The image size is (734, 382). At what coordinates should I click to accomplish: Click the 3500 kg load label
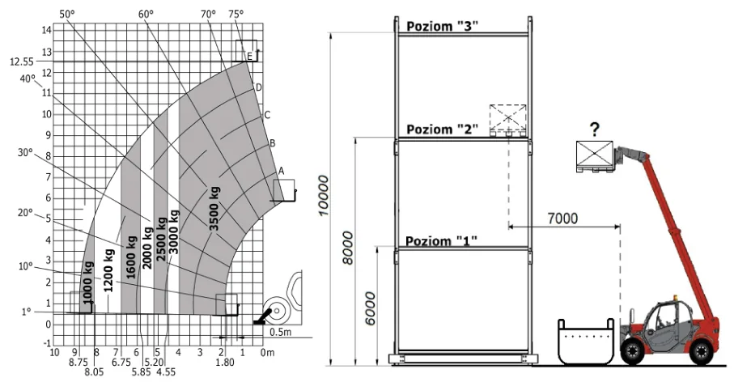(x=214, y=208)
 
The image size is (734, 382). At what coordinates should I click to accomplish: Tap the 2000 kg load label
(x=147, y=248)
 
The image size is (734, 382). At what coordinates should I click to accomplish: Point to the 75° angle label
(x=236, y=14)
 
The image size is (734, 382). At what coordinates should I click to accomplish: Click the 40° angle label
(x=28, y=79)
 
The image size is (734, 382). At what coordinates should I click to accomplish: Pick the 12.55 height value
(x=22, y=62)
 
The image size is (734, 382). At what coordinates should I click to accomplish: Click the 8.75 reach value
(x=78, y=362)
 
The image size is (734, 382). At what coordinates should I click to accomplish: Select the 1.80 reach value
(x=225, y=362)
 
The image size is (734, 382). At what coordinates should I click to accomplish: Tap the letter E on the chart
(x=249, y=57)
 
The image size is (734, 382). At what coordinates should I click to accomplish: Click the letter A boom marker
(x=281, y=172)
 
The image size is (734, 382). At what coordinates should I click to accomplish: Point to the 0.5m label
(x=281, y=333)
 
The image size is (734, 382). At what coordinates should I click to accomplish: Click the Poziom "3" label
(x=443, y=26)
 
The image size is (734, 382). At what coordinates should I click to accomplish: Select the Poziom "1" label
(x=441, y=241)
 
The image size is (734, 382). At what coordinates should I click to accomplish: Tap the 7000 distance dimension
(x=562, y=219)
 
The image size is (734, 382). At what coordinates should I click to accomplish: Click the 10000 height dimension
(x=324, y=196)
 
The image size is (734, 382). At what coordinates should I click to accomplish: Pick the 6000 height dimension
(x=371, y=308)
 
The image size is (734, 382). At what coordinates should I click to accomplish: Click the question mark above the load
(x=595, y=129)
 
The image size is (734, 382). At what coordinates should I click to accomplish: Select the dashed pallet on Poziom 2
(x=508, y=121)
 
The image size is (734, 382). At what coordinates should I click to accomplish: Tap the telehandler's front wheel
(x=632, y=351)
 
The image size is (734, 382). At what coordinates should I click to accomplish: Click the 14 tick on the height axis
(x=47, y=30)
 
